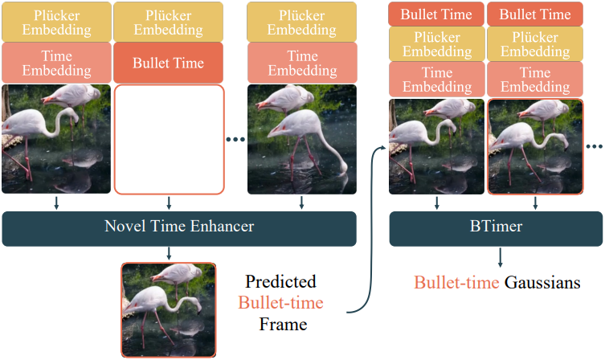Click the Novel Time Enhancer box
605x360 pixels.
179,228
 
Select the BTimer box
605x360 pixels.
496,228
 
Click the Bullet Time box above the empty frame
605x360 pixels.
168,63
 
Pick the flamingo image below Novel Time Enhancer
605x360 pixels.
169,310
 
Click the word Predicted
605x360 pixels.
280,282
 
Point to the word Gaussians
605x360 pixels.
542,283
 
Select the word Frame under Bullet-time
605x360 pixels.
283,324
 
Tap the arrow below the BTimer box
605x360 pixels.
500,257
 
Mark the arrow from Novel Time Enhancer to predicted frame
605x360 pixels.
169,253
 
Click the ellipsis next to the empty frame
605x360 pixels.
235,139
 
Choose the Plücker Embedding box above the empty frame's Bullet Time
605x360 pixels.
168,22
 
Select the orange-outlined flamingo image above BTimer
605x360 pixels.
536,146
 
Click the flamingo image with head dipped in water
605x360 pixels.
302,139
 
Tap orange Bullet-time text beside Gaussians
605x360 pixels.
456,283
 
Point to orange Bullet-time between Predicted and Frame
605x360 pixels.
280,303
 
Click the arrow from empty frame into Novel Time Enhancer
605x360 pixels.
169,203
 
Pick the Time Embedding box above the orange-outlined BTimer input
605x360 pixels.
535,80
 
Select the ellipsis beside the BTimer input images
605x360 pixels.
595,146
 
